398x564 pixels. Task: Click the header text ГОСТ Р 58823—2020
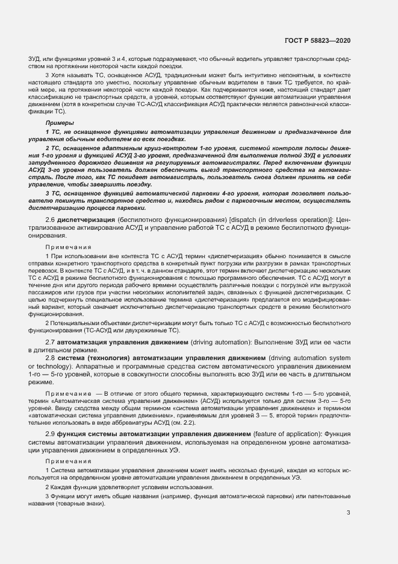(318, 40)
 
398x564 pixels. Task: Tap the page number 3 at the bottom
(348, 513)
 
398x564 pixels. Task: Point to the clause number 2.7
(51, 342)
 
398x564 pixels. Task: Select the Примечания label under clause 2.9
(69, 461)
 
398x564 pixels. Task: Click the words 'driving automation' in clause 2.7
(221, 342)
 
